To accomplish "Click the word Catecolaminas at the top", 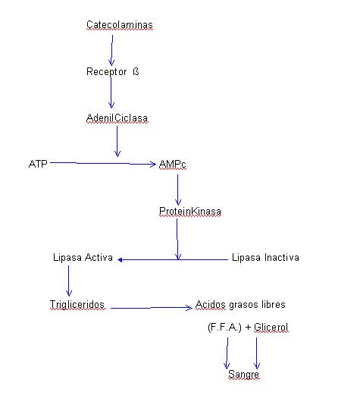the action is (x=120, y=25).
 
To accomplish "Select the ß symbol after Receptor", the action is (x=136, y=71).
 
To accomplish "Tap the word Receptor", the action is (x=106, y=72).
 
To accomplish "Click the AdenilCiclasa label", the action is (x=117, y=118).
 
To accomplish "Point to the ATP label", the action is (x=38, y=164).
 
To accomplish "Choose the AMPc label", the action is (x=173, y=165).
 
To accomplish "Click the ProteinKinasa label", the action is (x=190, y=212).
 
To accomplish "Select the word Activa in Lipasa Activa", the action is (x=99, y=257).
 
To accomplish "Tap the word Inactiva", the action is (x=282, y=257).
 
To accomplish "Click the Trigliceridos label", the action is (x=77, y=304).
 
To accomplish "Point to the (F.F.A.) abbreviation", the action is (x=224, y=328).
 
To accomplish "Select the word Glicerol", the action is (x=271, y=328).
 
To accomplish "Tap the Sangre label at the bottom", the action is (x=243, y=375).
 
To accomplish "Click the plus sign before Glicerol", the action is (x=248, y=328).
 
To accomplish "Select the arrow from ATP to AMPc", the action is (x=103, y=164).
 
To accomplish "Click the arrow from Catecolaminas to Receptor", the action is (x=112, y=50).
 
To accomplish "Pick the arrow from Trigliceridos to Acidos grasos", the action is (x=152, y=308).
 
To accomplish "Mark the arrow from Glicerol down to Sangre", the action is (x=256, y=353).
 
